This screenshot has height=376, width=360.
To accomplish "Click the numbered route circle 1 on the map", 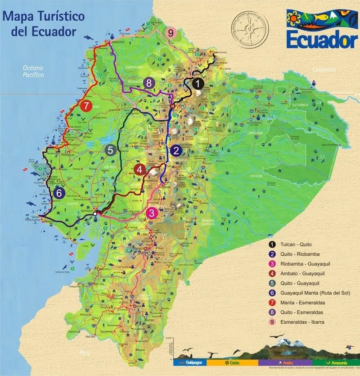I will (x=198, y=84).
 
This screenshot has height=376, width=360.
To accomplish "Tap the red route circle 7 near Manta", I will (x=87, y=106).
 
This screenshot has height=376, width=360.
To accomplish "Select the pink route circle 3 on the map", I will (x=152, y=213).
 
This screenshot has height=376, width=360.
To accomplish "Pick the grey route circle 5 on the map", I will (x=110, y=150).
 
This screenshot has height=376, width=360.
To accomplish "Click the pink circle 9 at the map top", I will (x=171, y=32).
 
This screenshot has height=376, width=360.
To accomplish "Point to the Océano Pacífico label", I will (x=34, y=71).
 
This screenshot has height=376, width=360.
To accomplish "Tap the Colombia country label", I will (x=325, y=69).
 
